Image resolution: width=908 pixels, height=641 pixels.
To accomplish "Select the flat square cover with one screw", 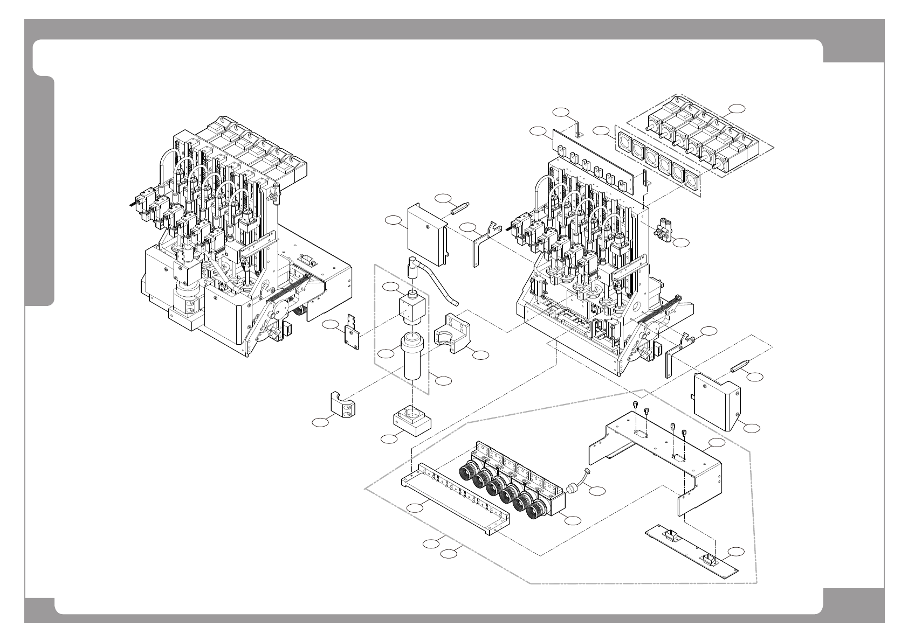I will (426, 234).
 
